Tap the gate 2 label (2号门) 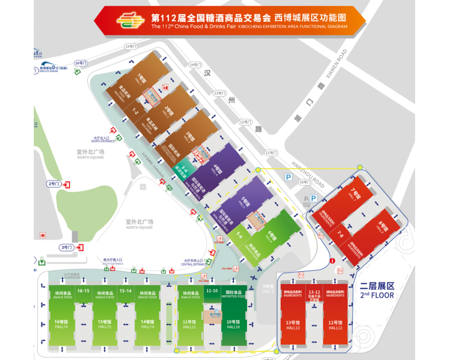point(54,183)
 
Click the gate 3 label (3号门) point(66,247)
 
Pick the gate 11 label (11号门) point(272,152)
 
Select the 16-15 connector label point(83,290)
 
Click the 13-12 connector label point(314,292)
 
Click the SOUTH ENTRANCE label point(112,263)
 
